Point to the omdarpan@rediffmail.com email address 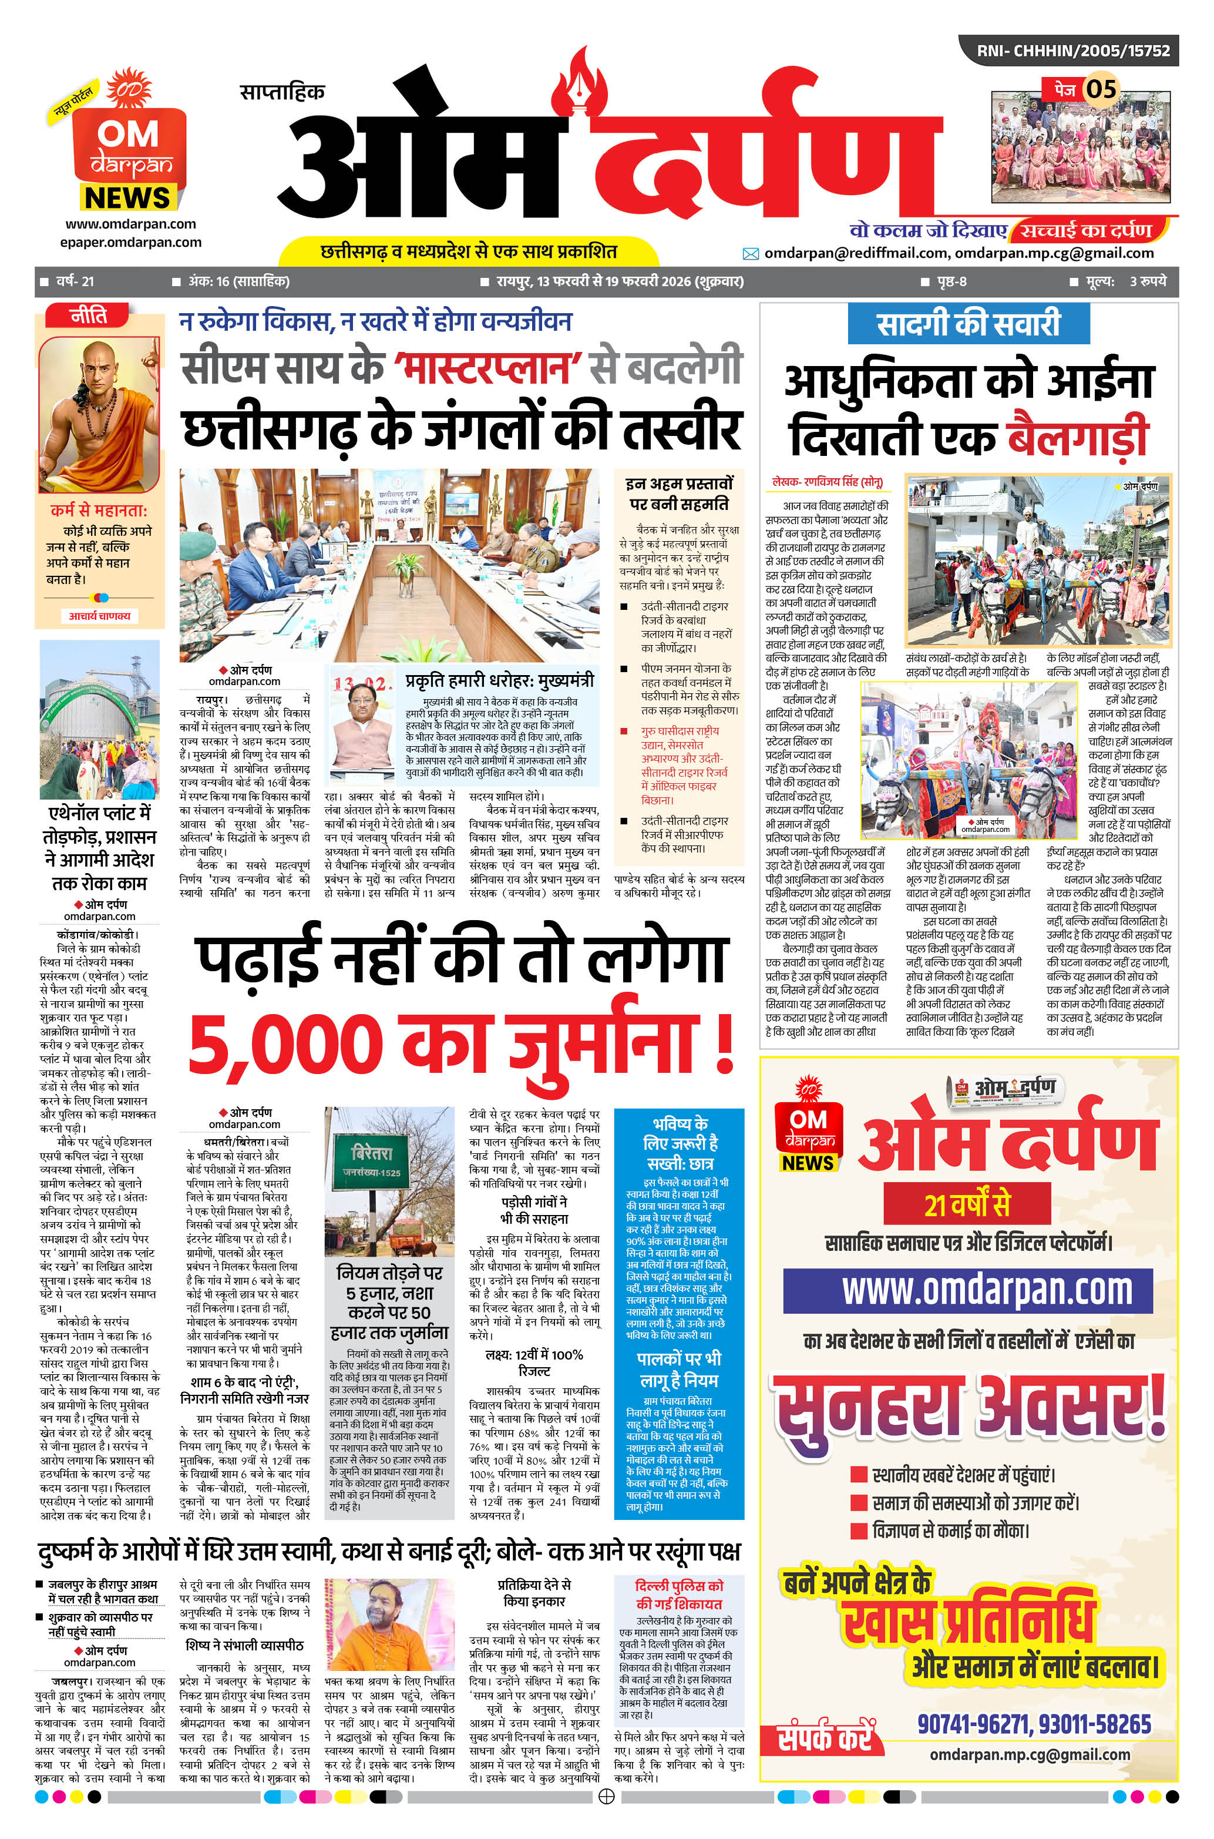[x=856, y=253]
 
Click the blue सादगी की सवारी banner [x=968, y=324]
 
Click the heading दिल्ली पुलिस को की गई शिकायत [x=678, y=1595]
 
